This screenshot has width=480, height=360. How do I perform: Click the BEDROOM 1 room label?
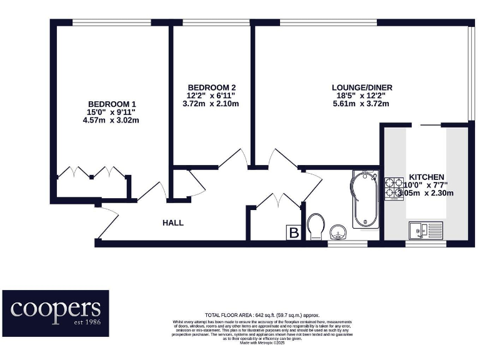click(112, 104)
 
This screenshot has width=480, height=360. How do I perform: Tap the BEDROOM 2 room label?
click(212, 87)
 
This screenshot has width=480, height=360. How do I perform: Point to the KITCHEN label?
click(426, 177)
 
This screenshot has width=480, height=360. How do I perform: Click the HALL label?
click(173, 222)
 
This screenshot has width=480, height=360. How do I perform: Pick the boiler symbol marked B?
click(293, 232)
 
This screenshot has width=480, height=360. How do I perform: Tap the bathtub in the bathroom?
click(363, 199)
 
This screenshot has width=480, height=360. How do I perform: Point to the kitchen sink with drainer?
click(426, 230)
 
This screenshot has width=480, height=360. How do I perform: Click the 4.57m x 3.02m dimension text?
click(112, 120)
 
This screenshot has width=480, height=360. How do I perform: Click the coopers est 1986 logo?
click(55, 312)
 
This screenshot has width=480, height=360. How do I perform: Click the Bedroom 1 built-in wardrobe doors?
click(92, 172)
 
